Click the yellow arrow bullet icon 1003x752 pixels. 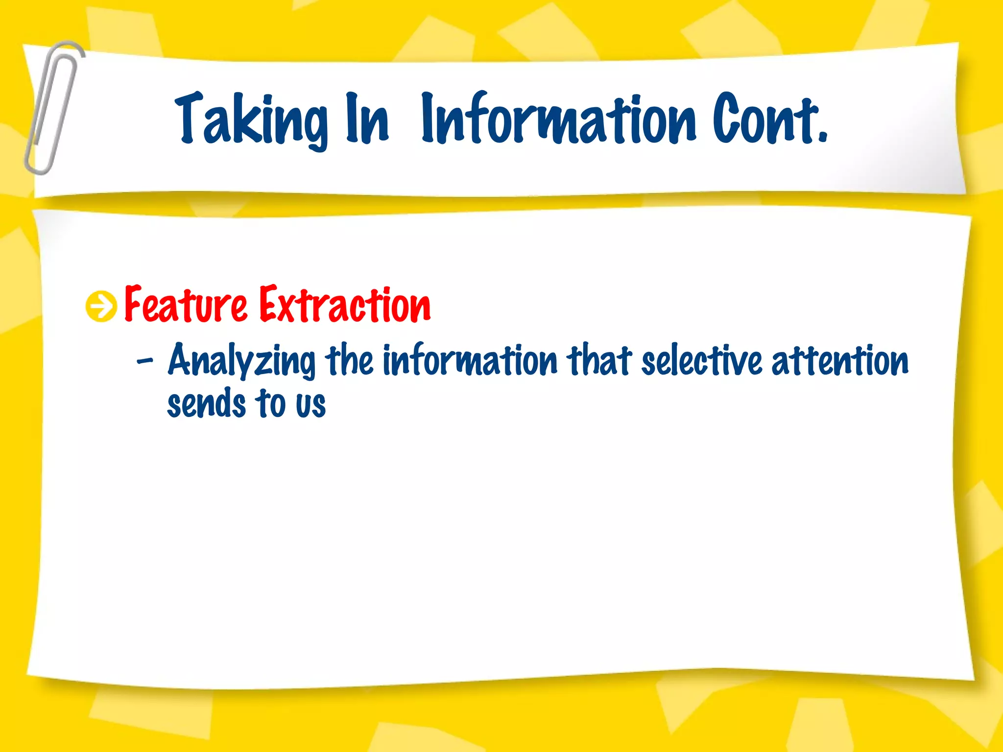[x=101, y=306]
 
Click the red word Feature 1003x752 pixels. [x=186, y=305]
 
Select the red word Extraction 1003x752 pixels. [x=345, y=305]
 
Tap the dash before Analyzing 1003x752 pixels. [x=144, y=362]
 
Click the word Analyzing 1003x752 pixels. [x=241, y=361]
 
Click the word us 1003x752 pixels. [x=310, y=405]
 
